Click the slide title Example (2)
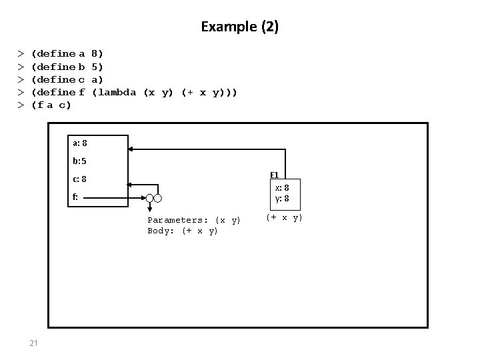pyautogui.click(x=240, y=27)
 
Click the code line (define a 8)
pyautogui.click(x=67, y=53)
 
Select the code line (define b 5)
pyautogui.click(x=67, y=67)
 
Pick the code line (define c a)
pyautogui.click(x=67, y=79)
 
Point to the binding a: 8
pyautogui.click(x=79, y=143)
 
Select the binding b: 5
pyautogui.click(x=79, y=161)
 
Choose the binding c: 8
pyautogui.click(x=79, y=179)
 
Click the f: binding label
pyautogui.click(x=76, y=197)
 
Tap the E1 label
pyautogui.click(x=275, y=175)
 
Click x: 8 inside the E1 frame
pyautogui.click(x=282, y=188)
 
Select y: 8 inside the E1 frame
pyautogui.click(x=282, y=199)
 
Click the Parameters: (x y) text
pyautogui.click(x=194, y=220)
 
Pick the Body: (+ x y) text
pyautogui.click(x=183, y=231)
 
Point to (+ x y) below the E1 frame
pyautogui.click(x=284, y=217)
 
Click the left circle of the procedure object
pyautogui.click(x=151, y=198)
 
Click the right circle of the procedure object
pyautogui.click(x=159, y=198)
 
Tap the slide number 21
pyautogui.click(x=34, y=343)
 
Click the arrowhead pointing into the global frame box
pyautogui.click(x=133, y=149)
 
